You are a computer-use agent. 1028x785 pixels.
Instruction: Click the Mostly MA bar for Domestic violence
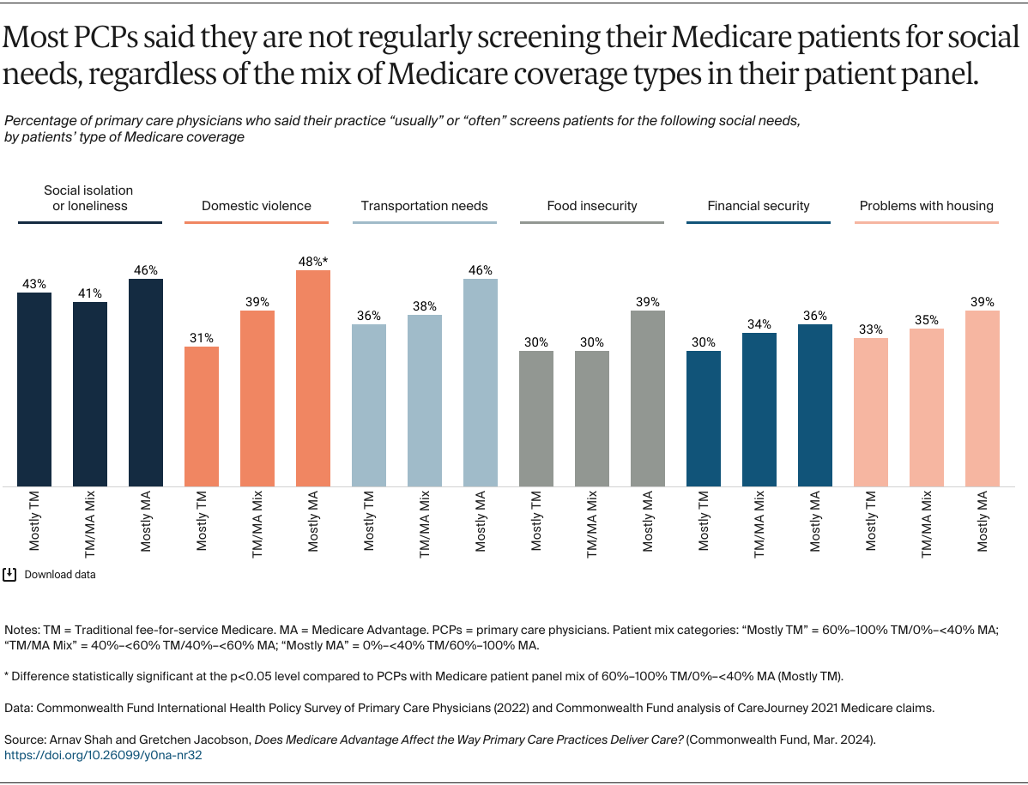point(313,378)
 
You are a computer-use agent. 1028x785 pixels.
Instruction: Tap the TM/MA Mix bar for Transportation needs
point(425,400)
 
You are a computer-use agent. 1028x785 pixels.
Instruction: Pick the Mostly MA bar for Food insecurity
point(648,398)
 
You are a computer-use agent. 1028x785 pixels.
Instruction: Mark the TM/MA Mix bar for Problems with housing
point(927,408)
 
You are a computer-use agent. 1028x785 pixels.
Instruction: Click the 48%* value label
point(314,261)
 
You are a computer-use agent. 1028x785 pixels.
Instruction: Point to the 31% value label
point(202,337)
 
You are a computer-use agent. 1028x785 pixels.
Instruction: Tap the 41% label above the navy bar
point(90,293)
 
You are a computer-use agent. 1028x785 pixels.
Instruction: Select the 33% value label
point(871,329)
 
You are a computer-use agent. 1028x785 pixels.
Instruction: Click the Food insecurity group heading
point(592,206)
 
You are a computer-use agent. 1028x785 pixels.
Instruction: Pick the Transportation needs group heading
point(424,206)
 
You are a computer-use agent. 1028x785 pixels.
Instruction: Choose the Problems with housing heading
point(927,206)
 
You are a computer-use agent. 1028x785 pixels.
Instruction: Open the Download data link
point(60,575)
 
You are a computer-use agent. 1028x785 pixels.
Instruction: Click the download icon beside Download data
point(10,574)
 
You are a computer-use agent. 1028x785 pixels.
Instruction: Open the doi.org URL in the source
point(103,756)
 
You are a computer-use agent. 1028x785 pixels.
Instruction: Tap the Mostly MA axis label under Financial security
point(815,521)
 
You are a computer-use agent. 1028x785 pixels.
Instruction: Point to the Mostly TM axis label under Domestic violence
point(202,521)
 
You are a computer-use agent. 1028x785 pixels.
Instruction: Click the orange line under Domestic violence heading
point(257,223)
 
